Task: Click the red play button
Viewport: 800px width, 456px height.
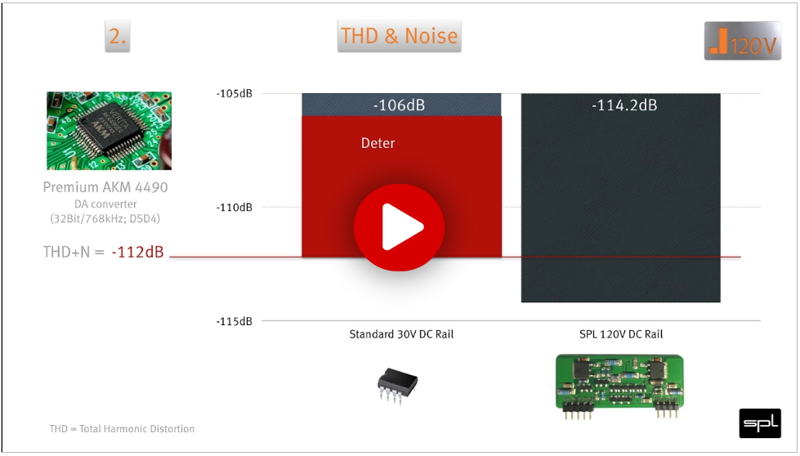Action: point(399,227)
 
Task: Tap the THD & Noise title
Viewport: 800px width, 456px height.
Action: point(399,36)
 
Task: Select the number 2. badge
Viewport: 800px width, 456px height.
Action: point(118,36)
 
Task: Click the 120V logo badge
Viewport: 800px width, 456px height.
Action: point(742,41)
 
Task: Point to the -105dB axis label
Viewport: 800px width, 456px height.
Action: point(235,94)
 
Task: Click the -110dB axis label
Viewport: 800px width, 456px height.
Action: point(235,208)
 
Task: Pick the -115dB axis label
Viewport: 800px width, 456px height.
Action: point(235,321)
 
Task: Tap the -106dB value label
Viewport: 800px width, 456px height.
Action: point(399,105)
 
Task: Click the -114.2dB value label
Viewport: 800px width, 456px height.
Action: point(624,105)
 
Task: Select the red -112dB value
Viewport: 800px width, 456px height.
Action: point(138,252)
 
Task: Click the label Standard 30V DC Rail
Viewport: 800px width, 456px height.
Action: point(401,334)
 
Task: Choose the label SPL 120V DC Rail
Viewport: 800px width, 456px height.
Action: point(621,334)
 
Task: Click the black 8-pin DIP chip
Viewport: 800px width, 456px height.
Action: point(397,385)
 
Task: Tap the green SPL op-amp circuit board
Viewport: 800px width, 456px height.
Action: point(619,386)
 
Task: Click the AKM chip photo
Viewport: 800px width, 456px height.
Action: point(109,131)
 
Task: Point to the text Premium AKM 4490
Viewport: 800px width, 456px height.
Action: point(105,187)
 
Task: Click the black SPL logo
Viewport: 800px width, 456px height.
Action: point(760,422)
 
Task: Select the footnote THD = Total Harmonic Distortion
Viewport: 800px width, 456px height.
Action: point(122,428)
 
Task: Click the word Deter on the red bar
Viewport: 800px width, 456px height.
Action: point(378,143)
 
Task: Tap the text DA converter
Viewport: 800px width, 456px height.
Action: point(105,204)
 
